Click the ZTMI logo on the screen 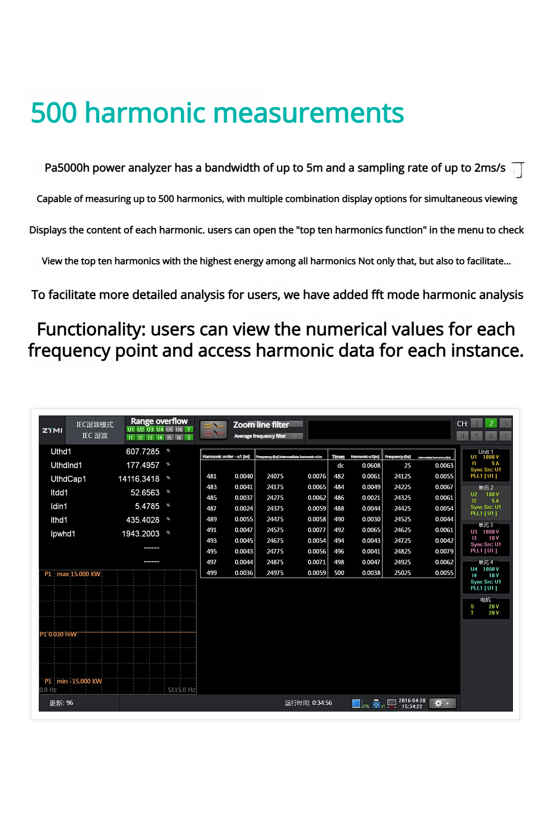[52, 430]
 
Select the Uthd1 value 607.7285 [142, 451]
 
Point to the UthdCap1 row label [68, 479]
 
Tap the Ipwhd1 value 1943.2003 [140, 534]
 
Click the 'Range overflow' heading [159, 421]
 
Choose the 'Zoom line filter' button [261, 425]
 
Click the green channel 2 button [491, 423]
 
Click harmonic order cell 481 [211, 476]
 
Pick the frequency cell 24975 [275, 573]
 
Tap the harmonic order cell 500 [339, 573]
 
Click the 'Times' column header [338, 457]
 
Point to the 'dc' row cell [340, 466]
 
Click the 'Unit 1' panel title [486, 452]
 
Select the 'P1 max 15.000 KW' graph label [72, 574]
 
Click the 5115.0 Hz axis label [181, 690]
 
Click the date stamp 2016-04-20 [412, 700]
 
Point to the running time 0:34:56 [322, 703]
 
